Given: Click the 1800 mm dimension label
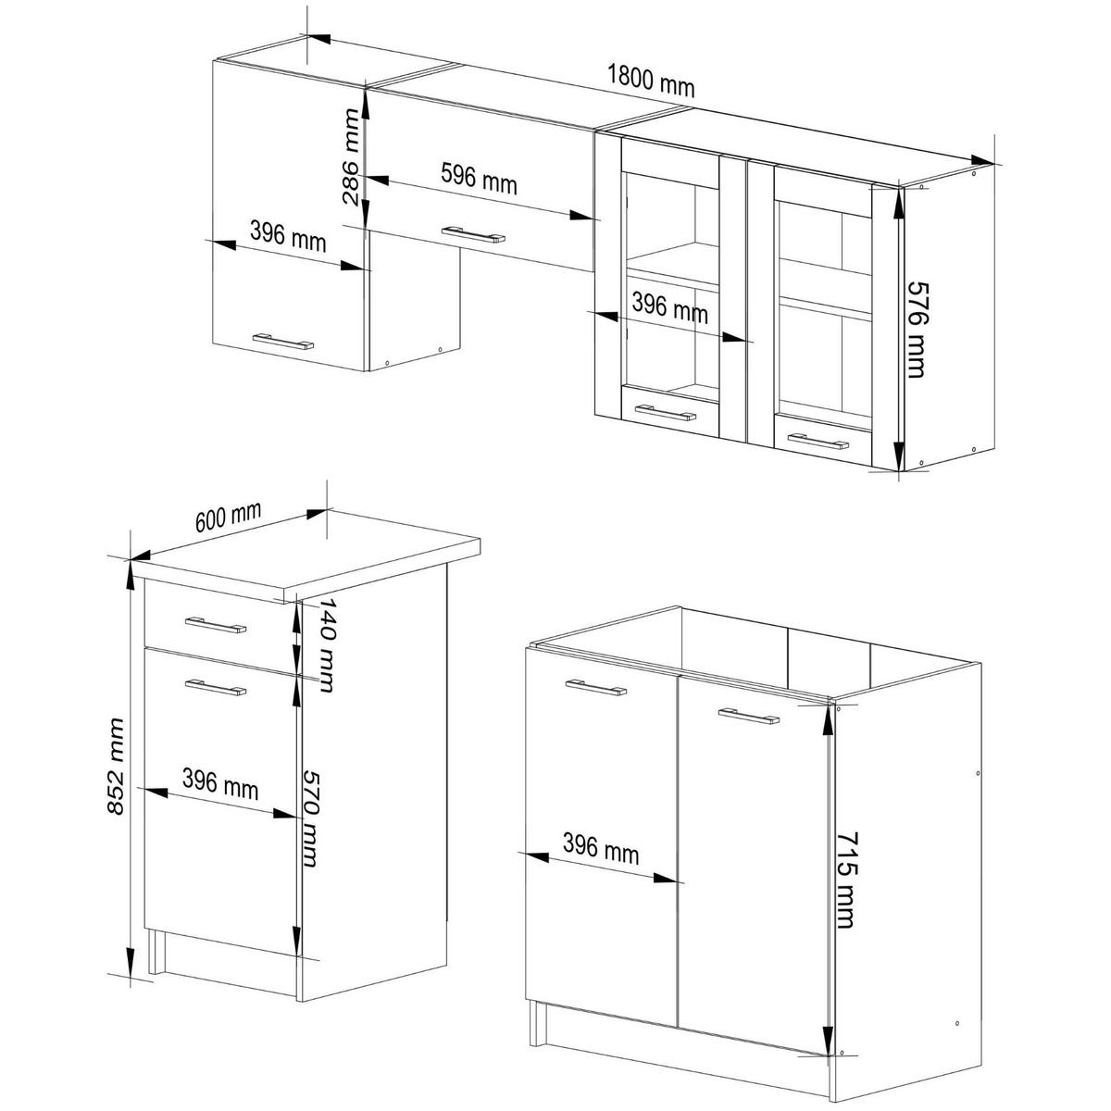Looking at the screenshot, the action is pyautogui.click(x=651, y=81).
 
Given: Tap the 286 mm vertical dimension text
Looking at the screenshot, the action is pyautogui.click(x=351, y=156).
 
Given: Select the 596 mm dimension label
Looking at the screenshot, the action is pyautogui.click(x=479, y=178).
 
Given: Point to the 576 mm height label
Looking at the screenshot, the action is pyautogui.click(x=917, y=330).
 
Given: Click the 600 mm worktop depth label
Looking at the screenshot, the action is pyautogui.click(x=229, y=517).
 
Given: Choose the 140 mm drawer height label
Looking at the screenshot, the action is pyautogui.click(x=326, y=644).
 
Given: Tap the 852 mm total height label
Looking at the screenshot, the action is pyautogui.click(x=116, y=767).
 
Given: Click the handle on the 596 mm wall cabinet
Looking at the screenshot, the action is pyautogui.click(x=473, y=234).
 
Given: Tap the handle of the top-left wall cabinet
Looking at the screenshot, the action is pyautogui.click(x=283, y=342).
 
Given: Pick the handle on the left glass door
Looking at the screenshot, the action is pyautogui.click(x=666, y=413).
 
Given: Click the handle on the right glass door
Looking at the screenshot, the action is pyautogui.click(x=818, y=441).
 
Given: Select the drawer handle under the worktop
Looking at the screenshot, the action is pyautogui.click(x=216, y=625).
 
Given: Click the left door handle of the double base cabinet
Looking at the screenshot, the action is pyautogui.click(x=596, y=687).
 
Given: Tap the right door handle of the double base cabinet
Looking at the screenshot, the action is pyautogui.click(x=749, y=716).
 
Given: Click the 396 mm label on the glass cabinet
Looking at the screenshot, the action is pyautogui.click(x=670, y=306).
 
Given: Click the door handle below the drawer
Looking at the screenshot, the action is pyautogui.click(x=216, y=687).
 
